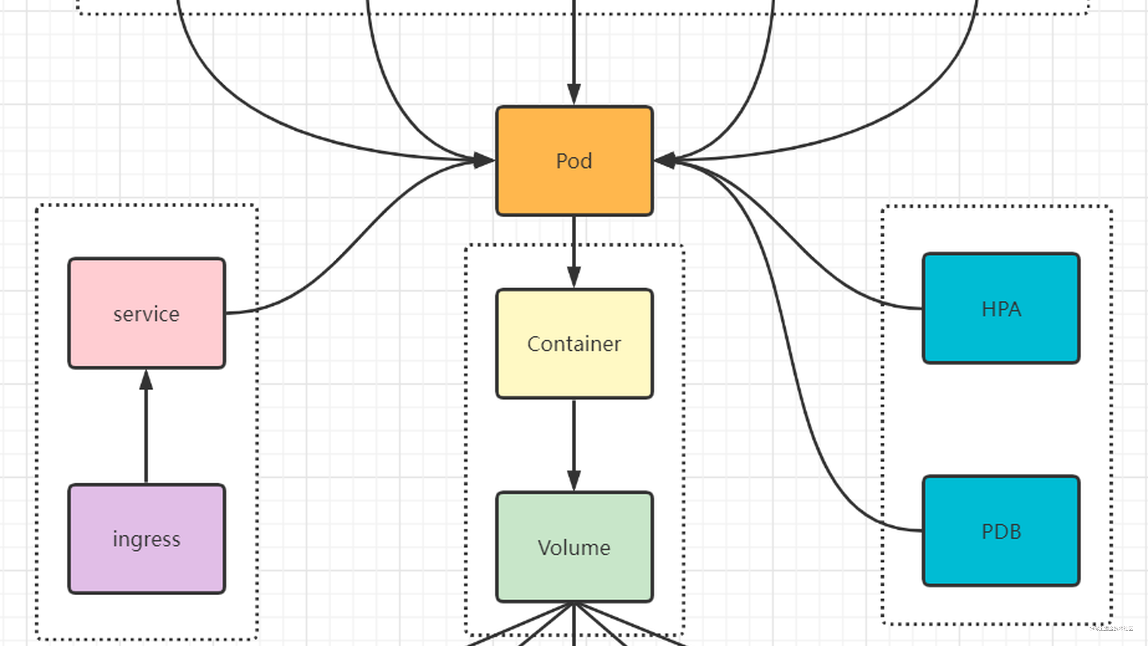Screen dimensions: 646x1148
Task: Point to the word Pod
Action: point(574,161)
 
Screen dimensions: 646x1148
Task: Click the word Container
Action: point(574,344)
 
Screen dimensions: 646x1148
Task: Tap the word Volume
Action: point(574,547)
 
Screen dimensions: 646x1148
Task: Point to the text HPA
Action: point(1001,309)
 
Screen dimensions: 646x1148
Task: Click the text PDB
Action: point(1001,532)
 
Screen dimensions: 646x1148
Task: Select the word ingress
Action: point(147,539)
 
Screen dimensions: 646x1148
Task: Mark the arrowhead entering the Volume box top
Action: point(574,480)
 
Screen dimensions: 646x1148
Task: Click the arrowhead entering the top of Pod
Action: point(574,94)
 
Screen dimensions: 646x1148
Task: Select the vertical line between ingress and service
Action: point(146,437)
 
